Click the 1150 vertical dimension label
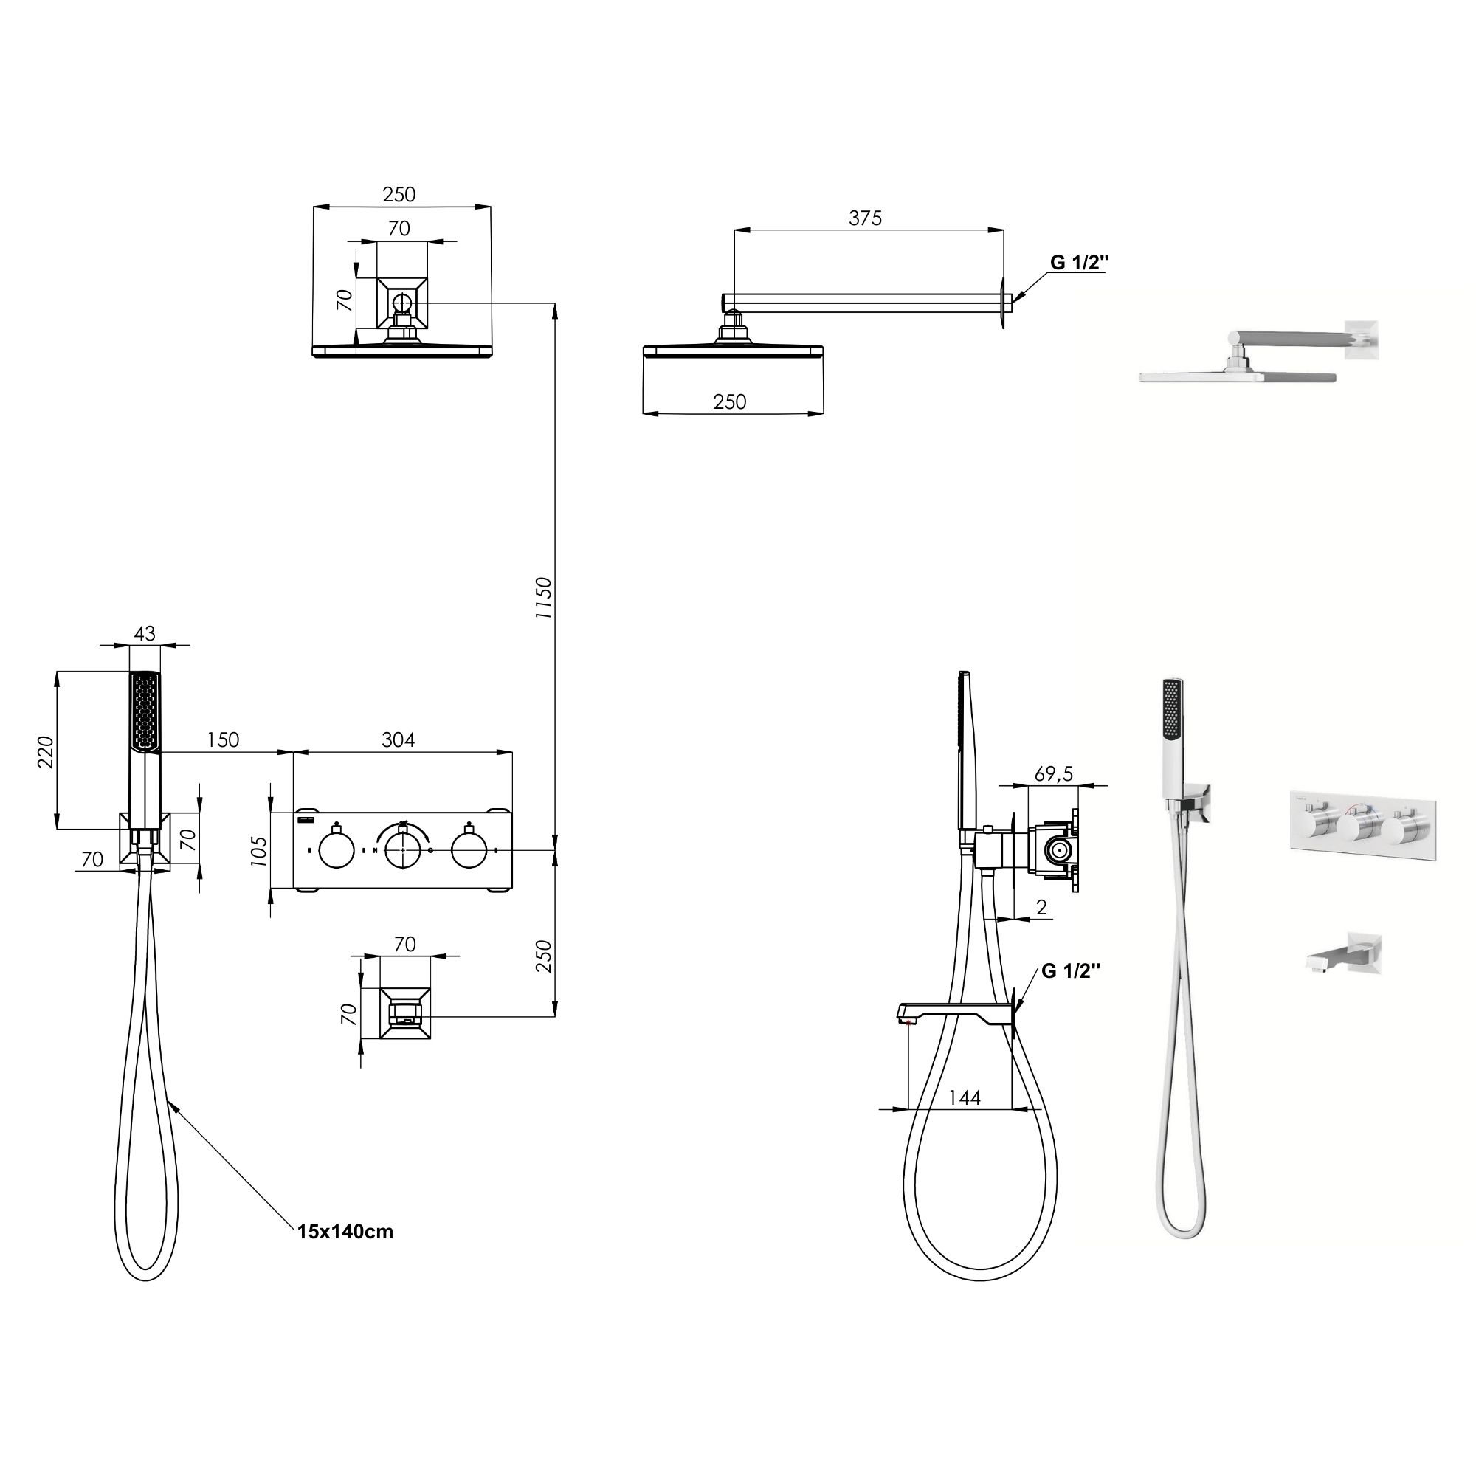[x=543, y=598]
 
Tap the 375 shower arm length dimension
[x=865, y=218]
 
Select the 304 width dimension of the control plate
[x=398, y=739]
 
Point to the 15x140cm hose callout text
[x=345, y=1232]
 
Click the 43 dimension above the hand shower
[x=145, y=633]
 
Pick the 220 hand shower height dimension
[x=46, y=752]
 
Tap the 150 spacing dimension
[x=222, y=739]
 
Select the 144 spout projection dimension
[x=964, y=1097]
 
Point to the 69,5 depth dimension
[x=1055, y=774]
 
